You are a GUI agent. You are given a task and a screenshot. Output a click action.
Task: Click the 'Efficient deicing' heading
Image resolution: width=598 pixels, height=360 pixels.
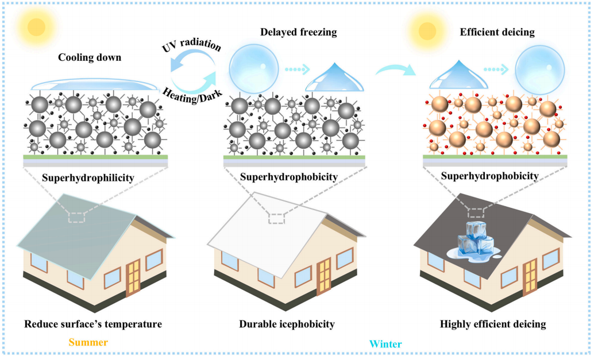(x=497, y=32)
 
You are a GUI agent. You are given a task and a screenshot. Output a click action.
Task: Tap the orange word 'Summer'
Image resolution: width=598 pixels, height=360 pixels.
(x=88, y=343)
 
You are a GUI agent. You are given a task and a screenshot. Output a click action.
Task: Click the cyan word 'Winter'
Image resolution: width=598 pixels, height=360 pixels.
(x=385, y=344)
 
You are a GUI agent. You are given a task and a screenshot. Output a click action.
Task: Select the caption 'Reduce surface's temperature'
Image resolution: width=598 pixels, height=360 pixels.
(x=93, y=324)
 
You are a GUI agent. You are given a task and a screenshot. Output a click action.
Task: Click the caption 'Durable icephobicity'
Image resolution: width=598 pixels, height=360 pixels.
(x=287, y=324)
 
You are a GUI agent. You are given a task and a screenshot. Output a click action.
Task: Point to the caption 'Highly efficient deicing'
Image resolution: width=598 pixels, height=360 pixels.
(x=493, y=324)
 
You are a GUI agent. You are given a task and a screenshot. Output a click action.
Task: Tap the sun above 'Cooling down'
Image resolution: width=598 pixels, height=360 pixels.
(x=36, y=26)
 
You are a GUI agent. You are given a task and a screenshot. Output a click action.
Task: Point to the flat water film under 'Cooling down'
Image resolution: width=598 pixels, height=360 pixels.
(x=94, y=86)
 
